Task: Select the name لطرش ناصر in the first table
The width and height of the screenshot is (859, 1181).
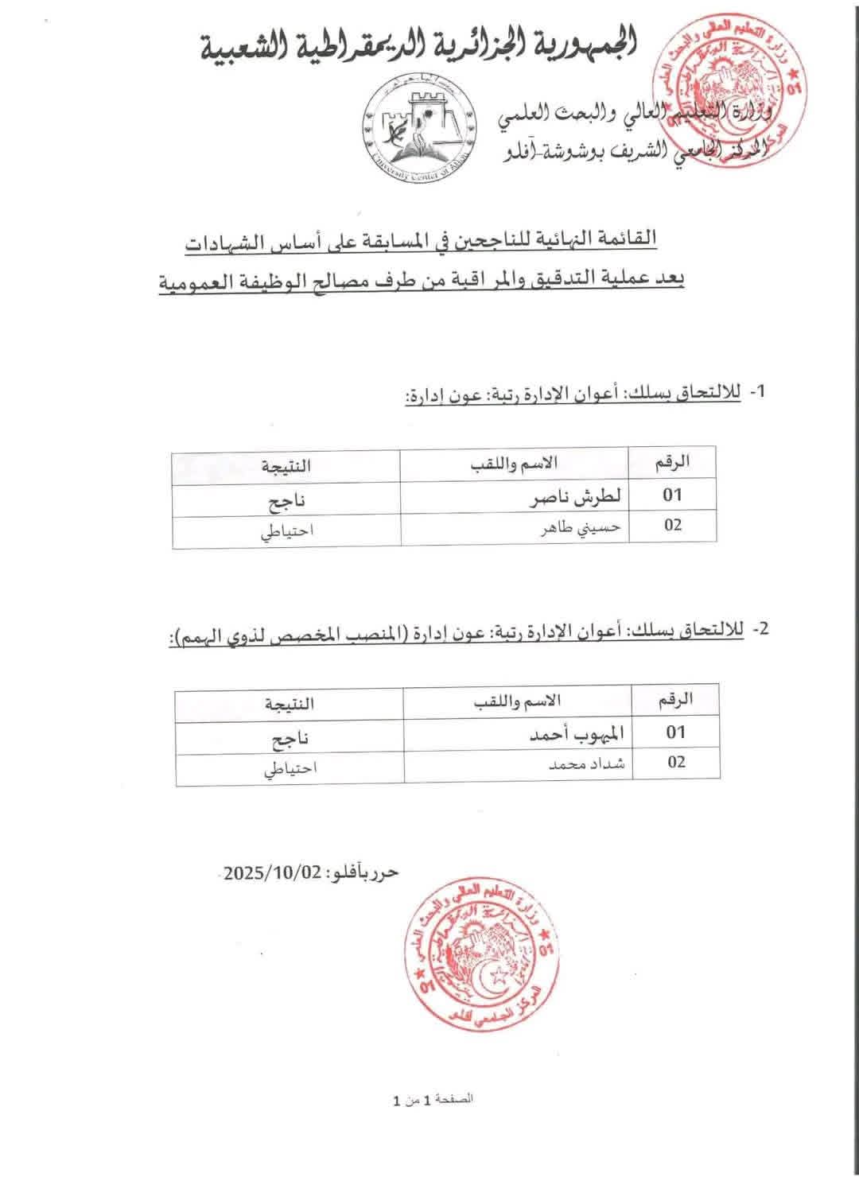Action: tap(575, 495)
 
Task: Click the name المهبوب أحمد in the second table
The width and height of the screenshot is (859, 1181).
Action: tap(575, 734)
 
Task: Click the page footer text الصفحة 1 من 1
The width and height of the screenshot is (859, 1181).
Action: tap(433, 1100)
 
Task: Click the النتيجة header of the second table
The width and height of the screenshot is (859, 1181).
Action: tap(288, 703)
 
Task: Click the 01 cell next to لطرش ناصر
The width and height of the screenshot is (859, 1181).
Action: tap(673, 495)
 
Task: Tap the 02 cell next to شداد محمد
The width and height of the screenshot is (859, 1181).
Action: tap(675, 762)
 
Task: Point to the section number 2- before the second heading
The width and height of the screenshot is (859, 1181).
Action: tap(760, 628)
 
